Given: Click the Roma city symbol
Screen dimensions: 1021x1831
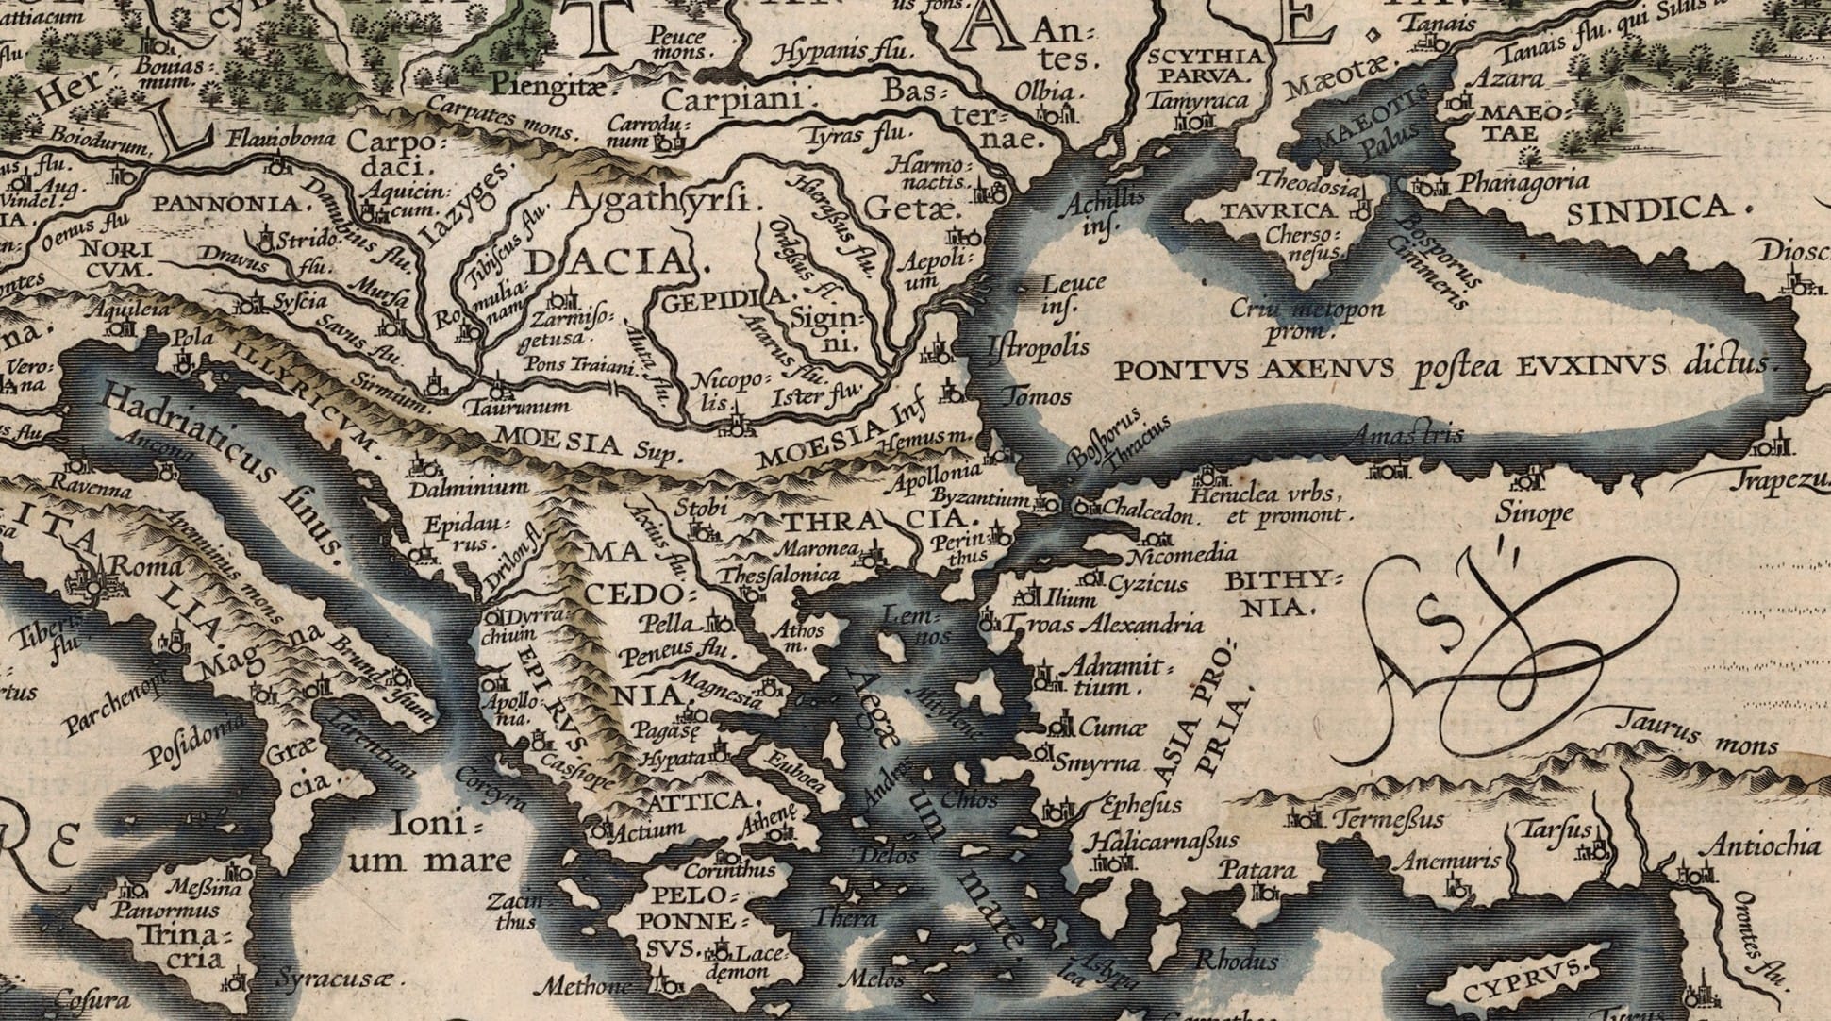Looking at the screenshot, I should coord(94,582).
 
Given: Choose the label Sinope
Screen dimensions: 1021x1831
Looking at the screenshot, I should coord(1534,513).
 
